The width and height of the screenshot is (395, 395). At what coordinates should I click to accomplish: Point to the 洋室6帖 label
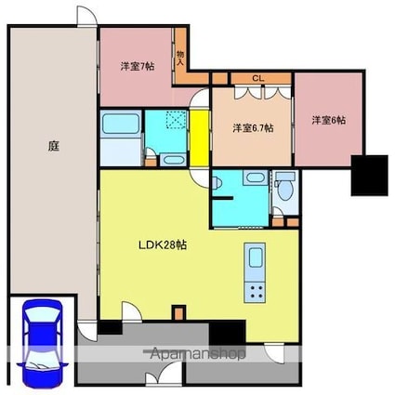329,120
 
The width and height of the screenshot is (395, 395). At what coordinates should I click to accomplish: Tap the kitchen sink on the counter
255,257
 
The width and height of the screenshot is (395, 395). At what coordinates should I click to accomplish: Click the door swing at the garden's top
86,17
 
